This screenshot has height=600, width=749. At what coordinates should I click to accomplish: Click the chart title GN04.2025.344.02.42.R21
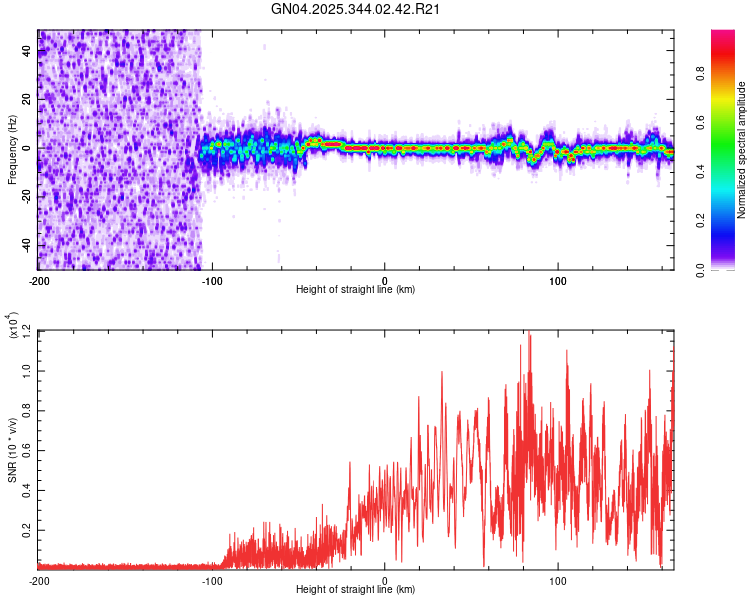(357, 10)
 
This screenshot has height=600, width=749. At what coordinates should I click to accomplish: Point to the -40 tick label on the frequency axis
(27, 246)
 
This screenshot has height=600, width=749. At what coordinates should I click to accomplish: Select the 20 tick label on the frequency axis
(27, 100)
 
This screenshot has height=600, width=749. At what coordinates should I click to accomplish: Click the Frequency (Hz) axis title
(12, 149)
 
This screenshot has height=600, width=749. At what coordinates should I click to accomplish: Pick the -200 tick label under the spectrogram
(39, 280)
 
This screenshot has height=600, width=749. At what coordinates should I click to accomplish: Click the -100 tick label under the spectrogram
(212, 280)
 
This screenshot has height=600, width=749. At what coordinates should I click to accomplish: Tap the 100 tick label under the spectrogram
(559, 280)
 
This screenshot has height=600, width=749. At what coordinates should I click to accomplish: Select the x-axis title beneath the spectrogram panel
(356, 290)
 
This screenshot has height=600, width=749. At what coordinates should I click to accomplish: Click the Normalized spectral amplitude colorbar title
(743, 149)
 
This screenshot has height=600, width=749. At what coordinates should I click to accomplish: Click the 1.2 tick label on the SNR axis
(27, 331)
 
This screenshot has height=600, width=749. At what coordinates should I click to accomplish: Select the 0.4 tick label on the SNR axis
(27, 488)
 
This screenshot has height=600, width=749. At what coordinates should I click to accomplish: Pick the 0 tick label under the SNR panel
(385, 580)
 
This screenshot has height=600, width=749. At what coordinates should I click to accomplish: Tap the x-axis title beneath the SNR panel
(356, 590)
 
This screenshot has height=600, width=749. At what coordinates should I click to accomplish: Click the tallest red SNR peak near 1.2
(529, 336)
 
